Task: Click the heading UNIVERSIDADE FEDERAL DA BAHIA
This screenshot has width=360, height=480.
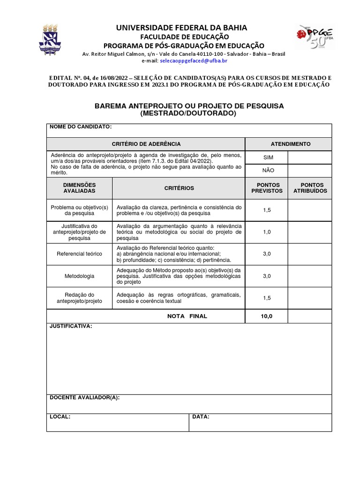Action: click(x=181, y=28)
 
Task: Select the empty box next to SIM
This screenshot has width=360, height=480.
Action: click(x=309, y=157)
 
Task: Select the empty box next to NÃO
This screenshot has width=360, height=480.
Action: click(x=309, y=171)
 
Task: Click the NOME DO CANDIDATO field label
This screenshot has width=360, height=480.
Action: click(x=81, y=127)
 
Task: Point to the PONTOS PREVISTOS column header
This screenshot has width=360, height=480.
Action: click(x=267, y=188)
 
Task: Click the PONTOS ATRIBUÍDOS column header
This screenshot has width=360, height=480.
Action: click(x=310, y=188)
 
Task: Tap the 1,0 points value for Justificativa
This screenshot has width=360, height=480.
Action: click(x=267, y=232)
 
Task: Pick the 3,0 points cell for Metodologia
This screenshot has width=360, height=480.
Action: click(x=267, y=276)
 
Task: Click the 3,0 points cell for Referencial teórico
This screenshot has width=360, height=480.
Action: click(x=267, y=254)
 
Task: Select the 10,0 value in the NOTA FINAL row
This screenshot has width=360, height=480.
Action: click(x=266, y=316)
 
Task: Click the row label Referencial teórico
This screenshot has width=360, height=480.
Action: click(x=79, y=254)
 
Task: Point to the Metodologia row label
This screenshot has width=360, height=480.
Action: click(x=79, y=276)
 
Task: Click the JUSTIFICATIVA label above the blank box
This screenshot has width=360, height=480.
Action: click(x=71, y=326)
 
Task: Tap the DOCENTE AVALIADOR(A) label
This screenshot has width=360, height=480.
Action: click(x=85, y=397)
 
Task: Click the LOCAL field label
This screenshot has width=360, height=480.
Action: click(x=60, y=416)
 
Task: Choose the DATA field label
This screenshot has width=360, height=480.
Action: click(x=201, y=416)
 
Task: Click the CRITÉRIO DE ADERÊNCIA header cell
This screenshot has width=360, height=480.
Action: click(x=146, y=144)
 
